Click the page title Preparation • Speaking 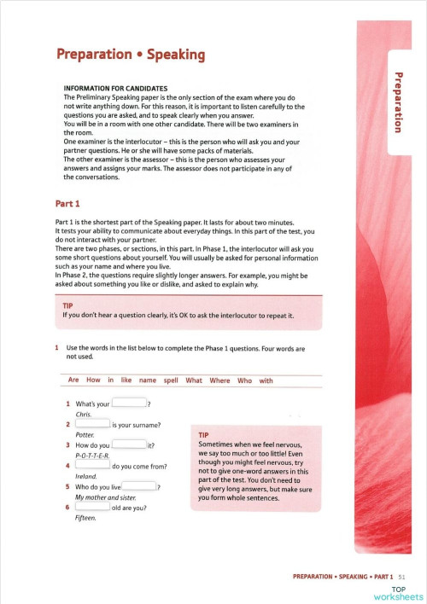click(130, 55)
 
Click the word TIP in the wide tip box click(69, 305)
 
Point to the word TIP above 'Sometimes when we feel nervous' click(204, 435)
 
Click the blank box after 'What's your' click(130, 404)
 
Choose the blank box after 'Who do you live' click(140, 486)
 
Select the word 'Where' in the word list click(219, 380)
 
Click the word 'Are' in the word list click(73, 380)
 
